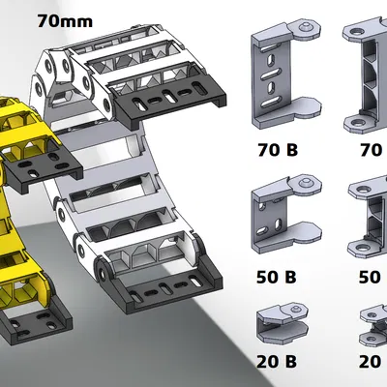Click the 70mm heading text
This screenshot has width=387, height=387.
[x=65, y=21]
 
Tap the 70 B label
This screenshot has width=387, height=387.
[x=278, y=150]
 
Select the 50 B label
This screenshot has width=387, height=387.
[x=277, y=277]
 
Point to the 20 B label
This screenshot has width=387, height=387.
[x=277, y=362]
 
